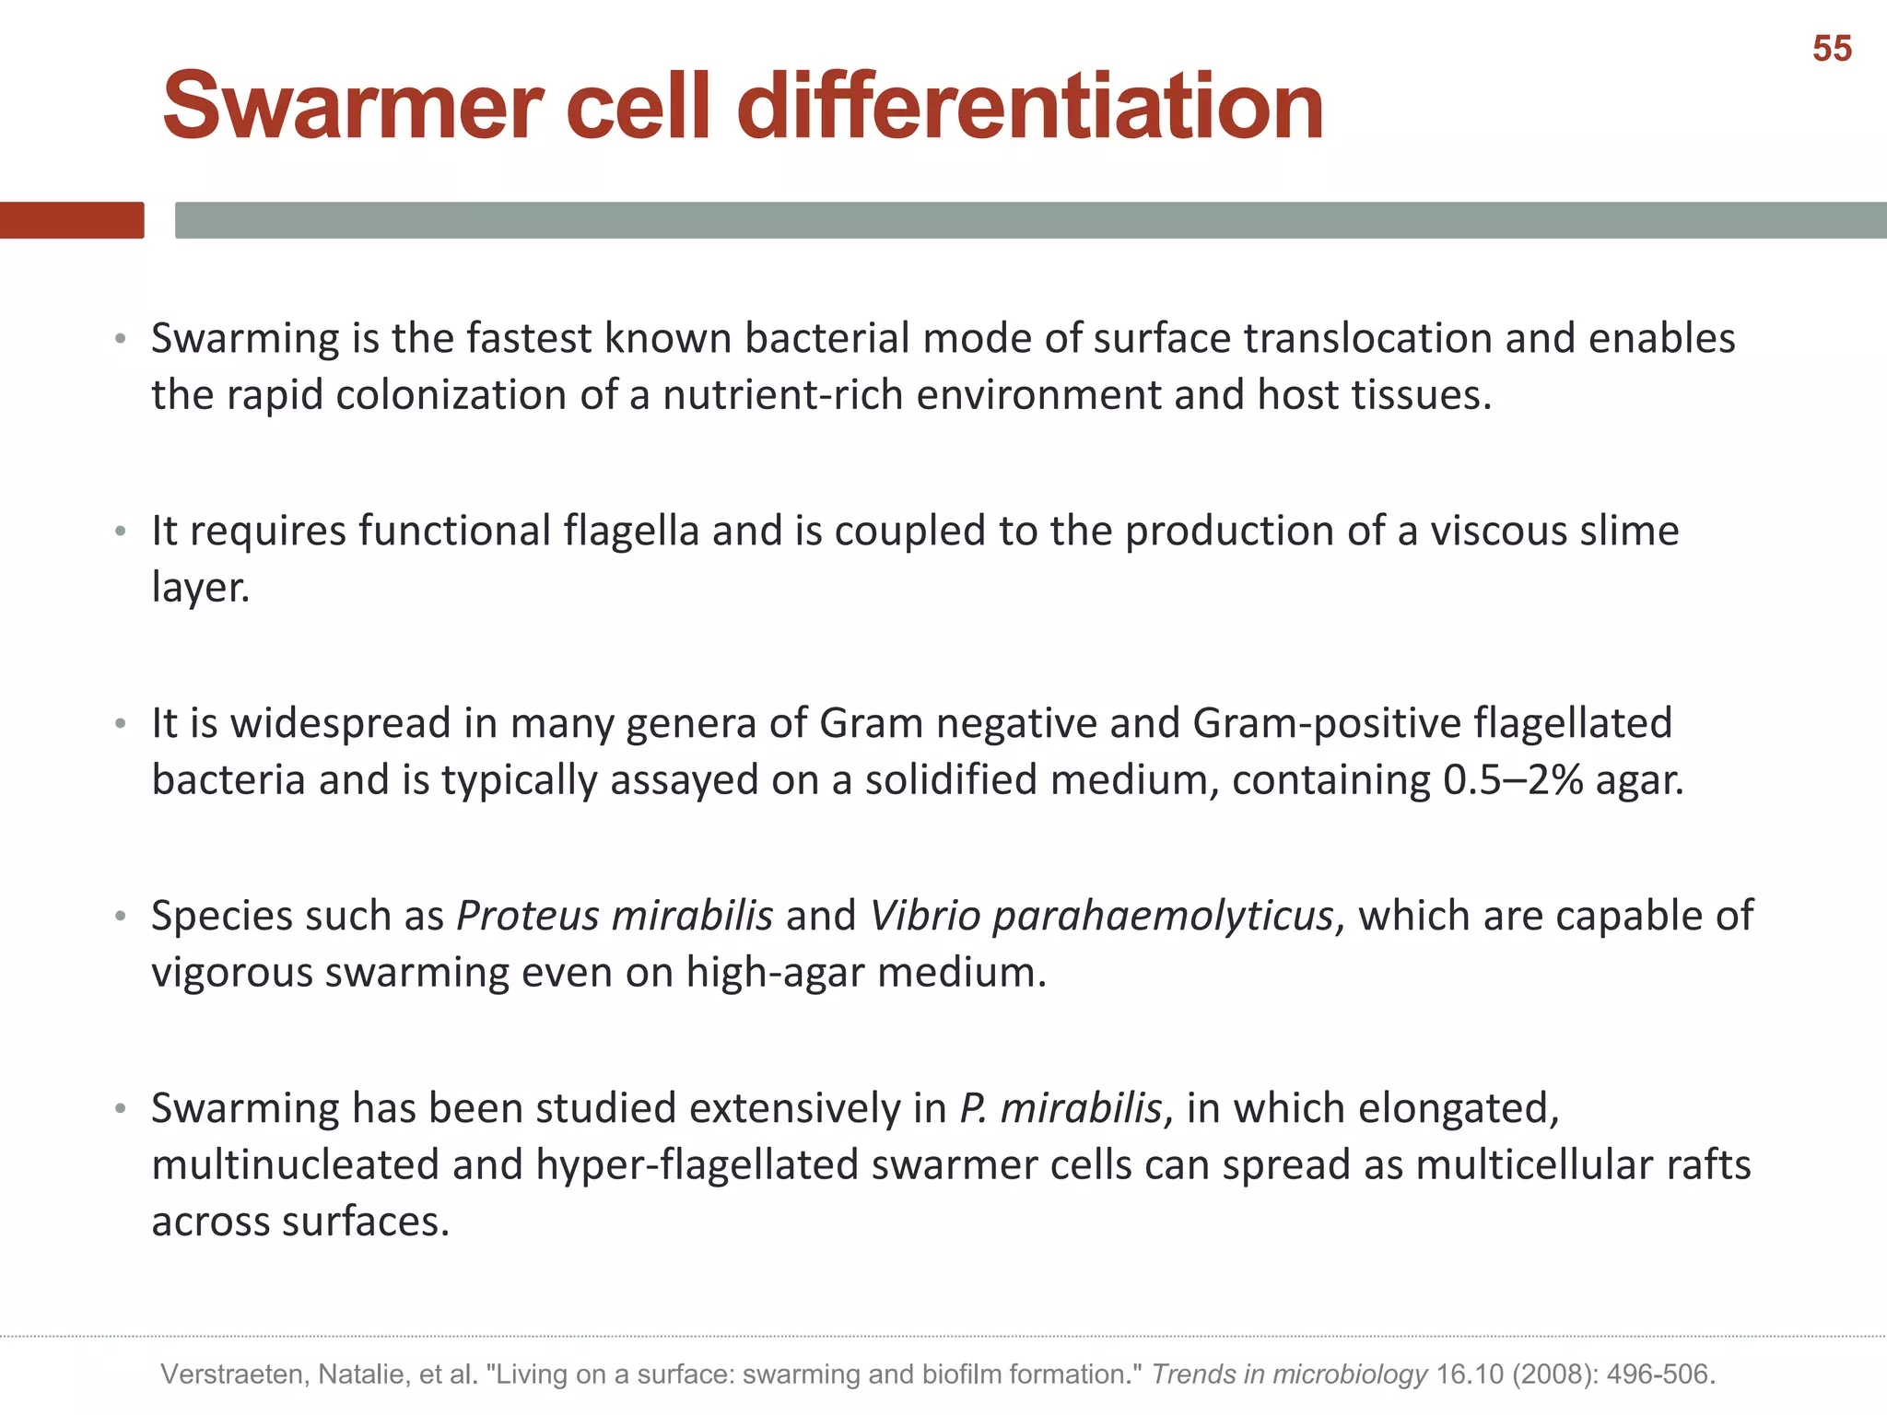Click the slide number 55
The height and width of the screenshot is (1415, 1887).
coord(1831,49)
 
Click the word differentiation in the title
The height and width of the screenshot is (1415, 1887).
coord(1030,107)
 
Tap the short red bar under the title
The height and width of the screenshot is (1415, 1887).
coord(72,220)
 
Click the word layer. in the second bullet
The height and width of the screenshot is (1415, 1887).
coord(201,588)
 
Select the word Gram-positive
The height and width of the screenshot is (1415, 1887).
coord(1327,723)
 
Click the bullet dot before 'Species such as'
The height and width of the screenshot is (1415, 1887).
coord(120,917)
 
